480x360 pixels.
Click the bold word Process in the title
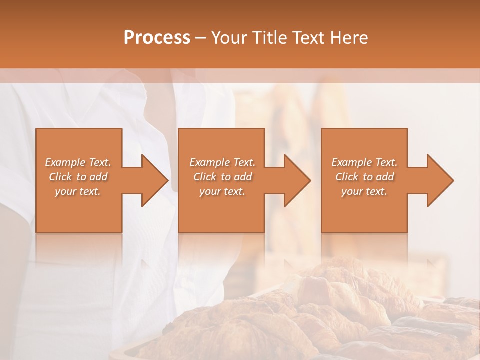[x=157, y=38]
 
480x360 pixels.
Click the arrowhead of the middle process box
[x=297, y=180]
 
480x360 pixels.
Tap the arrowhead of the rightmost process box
[x=440, y=180]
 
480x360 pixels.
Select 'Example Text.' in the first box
[x=78, y=162]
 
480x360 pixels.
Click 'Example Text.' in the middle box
[x=222, y=162]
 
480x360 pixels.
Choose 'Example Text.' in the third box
[x=364, y=162]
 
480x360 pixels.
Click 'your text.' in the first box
[x=78, y=191]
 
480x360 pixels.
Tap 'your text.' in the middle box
[x=222, y=191]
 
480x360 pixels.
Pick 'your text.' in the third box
[x=364, y=191]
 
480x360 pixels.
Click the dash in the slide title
[x=201, y=38]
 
